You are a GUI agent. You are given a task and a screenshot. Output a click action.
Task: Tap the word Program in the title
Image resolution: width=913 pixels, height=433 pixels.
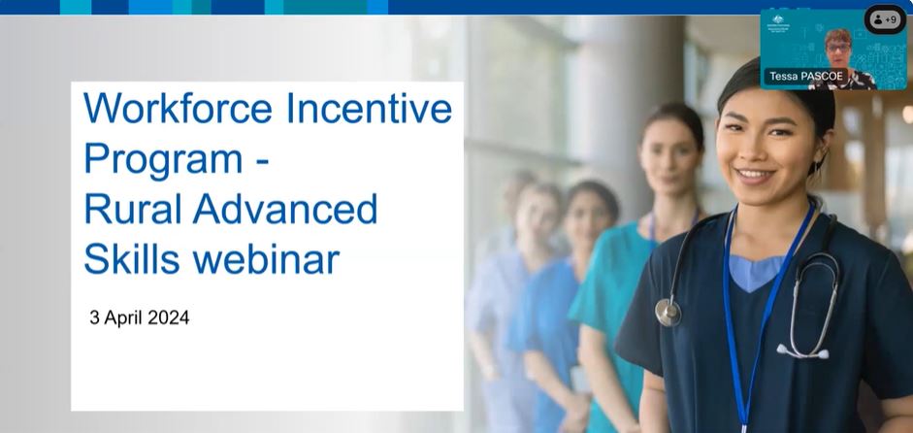point(163,158)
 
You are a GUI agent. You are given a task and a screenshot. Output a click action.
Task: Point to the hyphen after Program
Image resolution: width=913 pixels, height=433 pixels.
point(260,160)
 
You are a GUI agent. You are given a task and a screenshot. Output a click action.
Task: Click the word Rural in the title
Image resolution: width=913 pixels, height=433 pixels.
point(130,209)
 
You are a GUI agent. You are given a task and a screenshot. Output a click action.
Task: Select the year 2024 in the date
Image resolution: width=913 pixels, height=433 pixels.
point(169,317)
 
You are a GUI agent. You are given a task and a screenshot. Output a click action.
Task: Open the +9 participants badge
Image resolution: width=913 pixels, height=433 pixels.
point(884,19)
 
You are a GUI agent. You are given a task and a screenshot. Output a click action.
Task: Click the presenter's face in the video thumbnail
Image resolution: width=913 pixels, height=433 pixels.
point(837,46)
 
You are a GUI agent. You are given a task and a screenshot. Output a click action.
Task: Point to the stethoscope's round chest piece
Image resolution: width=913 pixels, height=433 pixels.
point(668,312)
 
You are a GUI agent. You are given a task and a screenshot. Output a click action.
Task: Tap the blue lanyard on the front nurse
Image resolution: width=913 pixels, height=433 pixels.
point(742,320)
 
